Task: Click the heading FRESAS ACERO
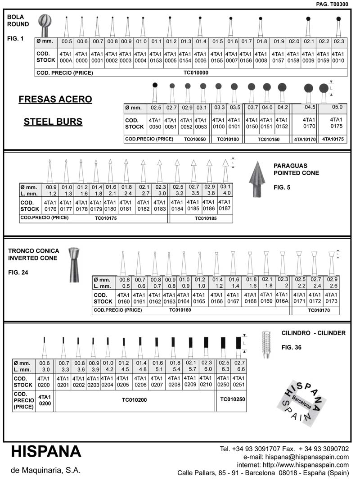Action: pyautogui.click(x=55, y=100)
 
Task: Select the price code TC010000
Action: pyautogui.click(x=196, y=72)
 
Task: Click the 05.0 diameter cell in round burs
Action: pyautogui.click(x=337, y=107)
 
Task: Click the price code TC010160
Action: pyautogui.click(x=180, y=310)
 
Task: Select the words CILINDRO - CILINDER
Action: pyautogui.click(x=313, y=333)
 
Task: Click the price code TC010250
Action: pyautogui.click(x=232, y=399)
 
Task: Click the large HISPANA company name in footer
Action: pyautogui.click(x=46, y=451)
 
